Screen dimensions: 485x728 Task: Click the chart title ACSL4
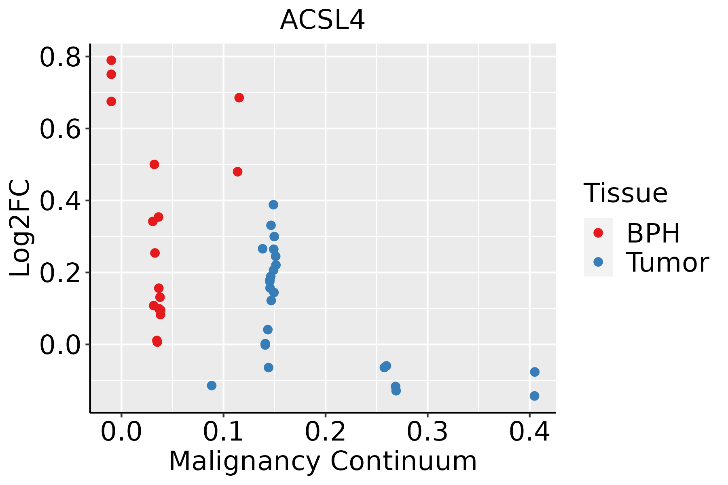pos(322,20)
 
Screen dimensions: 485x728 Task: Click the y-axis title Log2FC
pos(20,228)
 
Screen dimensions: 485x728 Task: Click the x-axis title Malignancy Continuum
pos(323,461)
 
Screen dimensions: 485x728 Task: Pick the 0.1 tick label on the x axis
pos(223,432)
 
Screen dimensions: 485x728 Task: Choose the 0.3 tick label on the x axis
pos(427,432)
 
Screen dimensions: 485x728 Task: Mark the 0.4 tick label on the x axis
pos(529,432)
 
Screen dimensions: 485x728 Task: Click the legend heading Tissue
pos(626,193)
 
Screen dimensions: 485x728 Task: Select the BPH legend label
pos(653,233)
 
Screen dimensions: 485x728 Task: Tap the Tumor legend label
pos(667,263)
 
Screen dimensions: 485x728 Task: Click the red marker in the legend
pos(598,233)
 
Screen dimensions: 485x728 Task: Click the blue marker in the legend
pos(598,262)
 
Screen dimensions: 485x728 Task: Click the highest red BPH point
pos(111,60)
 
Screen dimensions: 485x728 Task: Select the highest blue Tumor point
pos(273,205)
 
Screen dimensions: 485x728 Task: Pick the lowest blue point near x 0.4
pos(534,396)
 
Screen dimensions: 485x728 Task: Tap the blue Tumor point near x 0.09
pos(212,386)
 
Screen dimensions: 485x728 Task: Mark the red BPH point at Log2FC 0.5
pos(154,164)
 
